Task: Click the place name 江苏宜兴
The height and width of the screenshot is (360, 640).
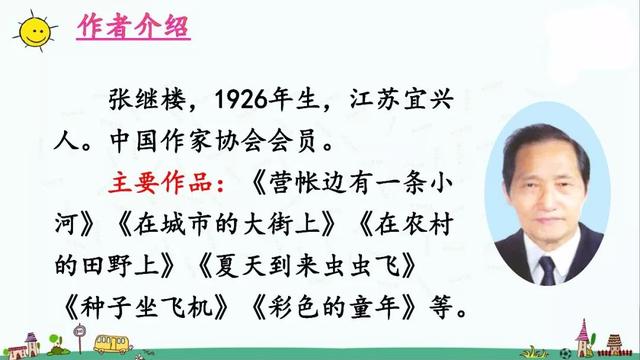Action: [401, 99]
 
